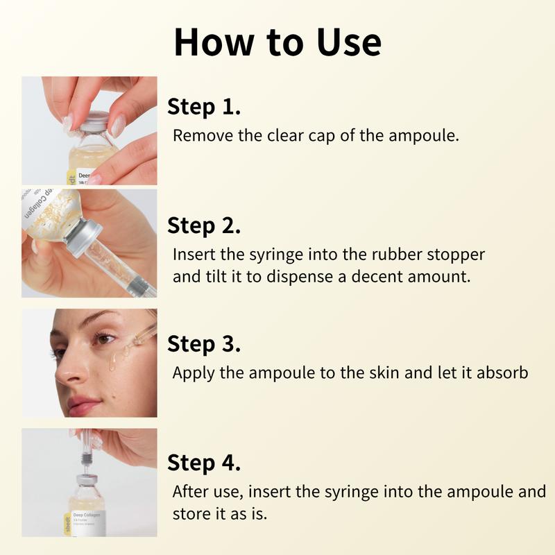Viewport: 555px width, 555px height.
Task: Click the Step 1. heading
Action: click(204, 108)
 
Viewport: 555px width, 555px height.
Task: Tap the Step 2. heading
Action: click(204, 225)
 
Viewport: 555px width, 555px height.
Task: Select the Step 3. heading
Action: click(204, 344)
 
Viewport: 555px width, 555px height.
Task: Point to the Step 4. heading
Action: click(204, 463)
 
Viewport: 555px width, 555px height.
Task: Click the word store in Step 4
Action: click(189, 515)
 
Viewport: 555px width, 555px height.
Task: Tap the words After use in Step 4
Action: click(207, 492)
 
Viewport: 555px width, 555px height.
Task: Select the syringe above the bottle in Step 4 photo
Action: click(83, 452)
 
